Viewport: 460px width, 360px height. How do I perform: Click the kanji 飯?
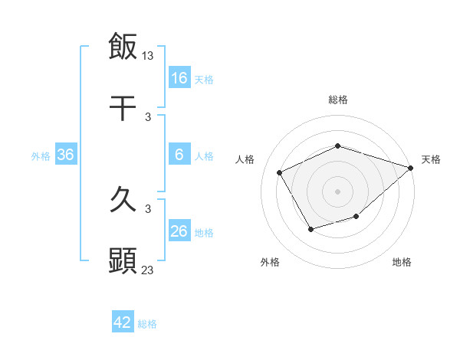123,46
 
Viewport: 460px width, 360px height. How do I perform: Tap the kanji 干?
123,109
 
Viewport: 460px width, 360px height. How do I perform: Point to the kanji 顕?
123,260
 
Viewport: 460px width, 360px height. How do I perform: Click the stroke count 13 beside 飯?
149,55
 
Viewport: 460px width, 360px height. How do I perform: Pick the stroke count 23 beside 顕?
148,270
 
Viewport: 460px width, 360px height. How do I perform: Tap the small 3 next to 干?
148,117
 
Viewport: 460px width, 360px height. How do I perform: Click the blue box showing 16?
179,78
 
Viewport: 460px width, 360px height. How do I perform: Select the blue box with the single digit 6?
179,155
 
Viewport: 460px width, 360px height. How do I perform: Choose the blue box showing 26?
179,231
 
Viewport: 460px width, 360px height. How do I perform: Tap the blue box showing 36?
66,155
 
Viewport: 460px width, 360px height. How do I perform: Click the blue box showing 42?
123,322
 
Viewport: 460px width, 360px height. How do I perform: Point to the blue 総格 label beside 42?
147,324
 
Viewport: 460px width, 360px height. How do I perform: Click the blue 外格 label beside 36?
41,156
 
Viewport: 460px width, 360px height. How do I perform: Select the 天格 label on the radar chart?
432,159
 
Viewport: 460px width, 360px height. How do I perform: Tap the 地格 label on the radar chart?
402,262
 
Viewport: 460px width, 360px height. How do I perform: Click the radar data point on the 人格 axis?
280,172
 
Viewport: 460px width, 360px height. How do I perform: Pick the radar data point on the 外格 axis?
310,229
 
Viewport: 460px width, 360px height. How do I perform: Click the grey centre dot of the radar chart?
337,191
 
